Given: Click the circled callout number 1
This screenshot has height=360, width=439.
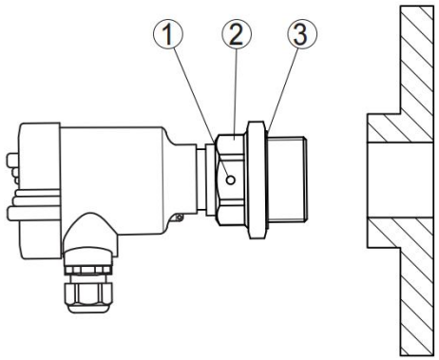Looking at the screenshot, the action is coord(168,34).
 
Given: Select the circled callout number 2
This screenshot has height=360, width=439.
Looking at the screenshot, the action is coord(237,34).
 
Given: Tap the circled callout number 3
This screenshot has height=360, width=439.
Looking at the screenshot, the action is coord(302,34).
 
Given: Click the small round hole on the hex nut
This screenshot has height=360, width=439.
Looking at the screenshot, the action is coord(231,180).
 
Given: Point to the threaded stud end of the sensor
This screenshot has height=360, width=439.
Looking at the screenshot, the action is coord(288,180).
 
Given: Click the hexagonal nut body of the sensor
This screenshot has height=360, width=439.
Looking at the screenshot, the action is coord(230,180).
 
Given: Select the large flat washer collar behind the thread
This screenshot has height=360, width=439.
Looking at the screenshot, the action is coord(257,180).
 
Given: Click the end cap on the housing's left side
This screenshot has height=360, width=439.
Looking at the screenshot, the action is coord(40,191).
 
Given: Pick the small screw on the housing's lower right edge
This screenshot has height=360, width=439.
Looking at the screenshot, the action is coord(179,218).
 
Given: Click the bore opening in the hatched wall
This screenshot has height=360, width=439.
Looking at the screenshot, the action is coord(400,180).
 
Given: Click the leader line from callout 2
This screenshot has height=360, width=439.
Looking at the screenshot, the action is coord(236,92).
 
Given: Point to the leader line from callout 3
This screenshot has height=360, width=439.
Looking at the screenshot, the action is coord(283,89).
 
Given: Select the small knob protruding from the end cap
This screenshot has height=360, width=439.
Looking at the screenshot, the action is coord(12,160).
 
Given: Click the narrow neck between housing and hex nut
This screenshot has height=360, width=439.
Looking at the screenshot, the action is coord(201,180).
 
